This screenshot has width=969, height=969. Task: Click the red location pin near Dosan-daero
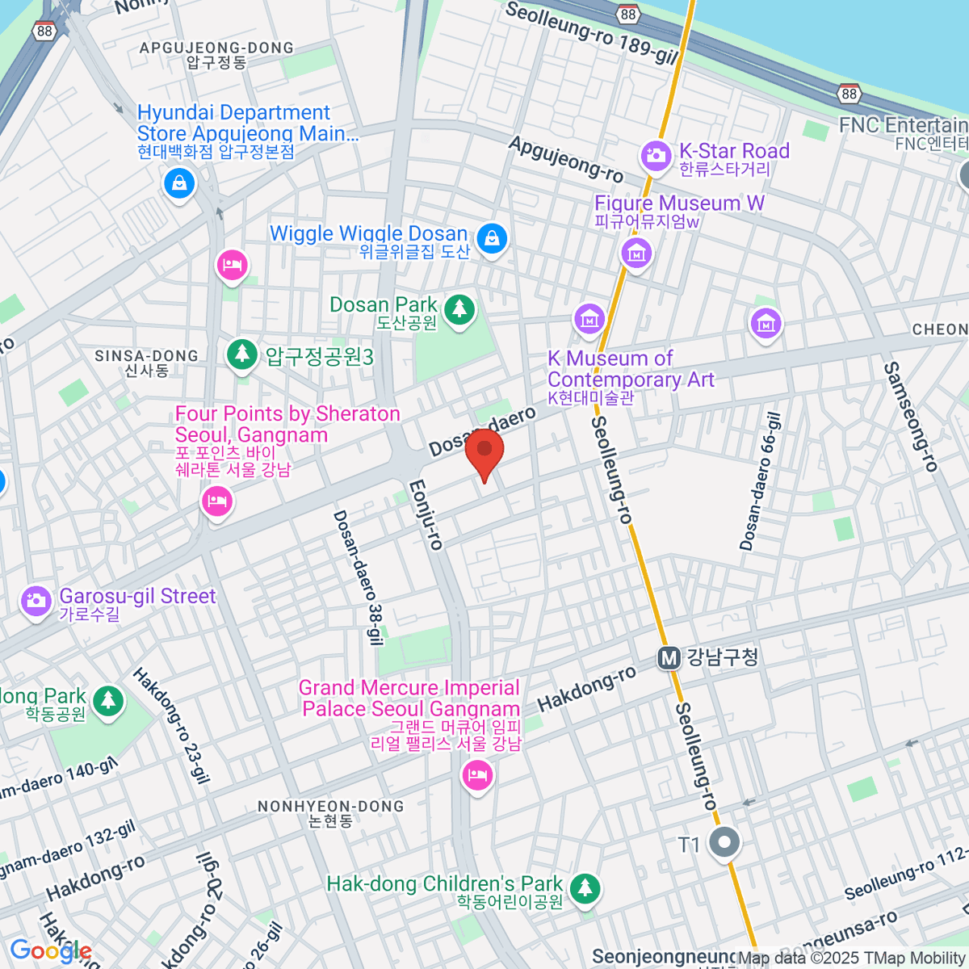[484, 452]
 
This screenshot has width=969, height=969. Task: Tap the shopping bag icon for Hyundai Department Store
[179, 182]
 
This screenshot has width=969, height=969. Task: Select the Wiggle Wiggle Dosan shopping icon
[491, 238]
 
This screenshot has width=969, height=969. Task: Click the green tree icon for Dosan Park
[459, 309]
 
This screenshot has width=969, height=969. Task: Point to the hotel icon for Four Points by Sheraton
[216, 501]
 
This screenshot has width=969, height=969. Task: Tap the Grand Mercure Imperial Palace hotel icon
[477, 776]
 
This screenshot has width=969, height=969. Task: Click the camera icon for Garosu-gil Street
[36, 602]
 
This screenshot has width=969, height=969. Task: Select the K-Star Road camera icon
[656, 155]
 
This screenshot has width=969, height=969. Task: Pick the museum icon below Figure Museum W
[636, 254]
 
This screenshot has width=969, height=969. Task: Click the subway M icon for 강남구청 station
[669, 658]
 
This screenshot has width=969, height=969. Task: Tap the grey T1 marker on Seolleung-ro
[724, 843]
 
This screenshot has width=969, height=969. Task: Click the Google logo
[50, 950]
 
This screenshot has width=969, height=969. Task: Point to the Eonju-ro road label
[426, 515]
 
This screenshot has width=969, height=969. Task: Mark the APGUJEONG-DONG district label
[216, 48]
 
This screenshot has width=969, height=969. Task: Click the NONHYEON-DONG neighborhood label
[330, 806]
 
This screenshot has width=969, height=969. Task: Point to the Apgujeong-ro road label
[566, 158]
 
